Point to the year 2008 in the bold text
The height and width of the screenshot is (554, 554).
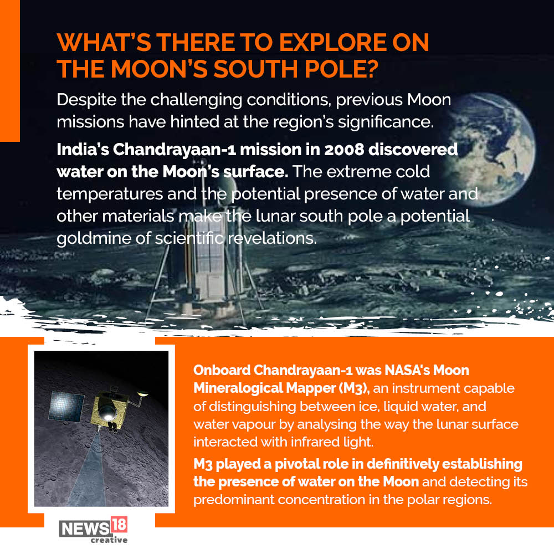pos(344,150)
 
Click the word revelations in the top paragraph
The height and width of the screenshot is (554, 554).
pos(272,238)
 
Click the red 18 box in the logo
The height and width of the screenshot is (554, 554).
pos(119,525)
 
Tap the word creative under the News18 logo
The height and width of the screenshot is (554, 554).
pos(109,540)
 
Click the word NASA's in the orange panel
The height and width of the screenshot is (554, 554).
pos(407,370)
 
